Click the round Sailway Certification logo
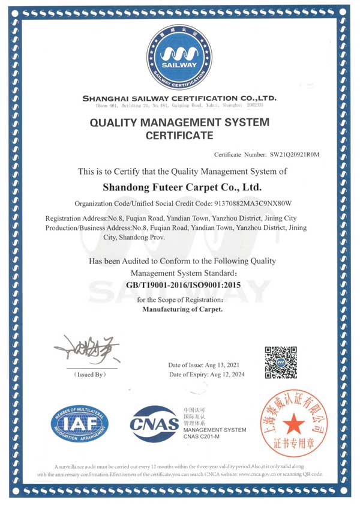(x=179, y=57)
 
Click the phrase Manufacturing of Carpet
(x=182, y=310)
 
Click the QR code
(x=281, y=363)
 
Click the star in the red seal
(x=294, y=426)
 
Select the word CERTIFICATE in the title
(x=179, y=136)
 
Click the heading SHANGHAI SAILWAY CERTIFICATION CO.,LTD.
(x=179, y=98)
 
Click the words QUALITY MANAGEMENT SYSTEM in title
(x=179, y=122)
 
